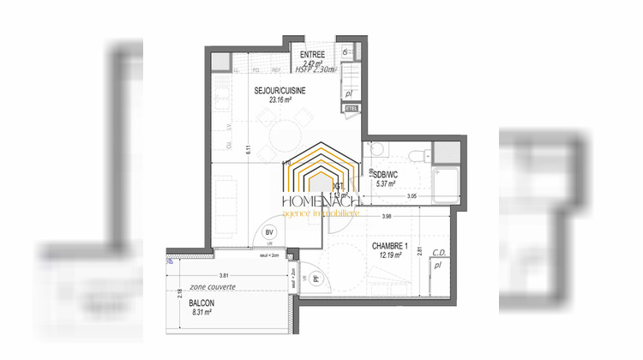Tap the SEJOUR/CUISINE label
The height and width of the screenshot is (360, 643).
tap(279, 90)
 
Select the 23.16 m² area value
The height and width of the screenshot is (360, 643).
tap(280, 99)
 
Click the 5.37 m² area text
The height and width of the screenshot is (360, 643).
tap(384, 183)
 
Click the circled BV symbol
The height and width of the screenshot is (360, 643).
tap(268, 231)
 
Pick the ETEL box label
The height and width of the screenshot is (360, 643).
tap(351, 108)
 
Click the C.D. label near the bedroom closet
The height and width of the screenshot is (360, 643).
tap(438, 252)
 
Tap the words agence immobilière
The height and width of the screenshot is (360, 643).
tap(321, 213)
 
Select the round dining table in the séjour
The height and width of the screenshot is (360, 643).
tap(282, 137)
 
